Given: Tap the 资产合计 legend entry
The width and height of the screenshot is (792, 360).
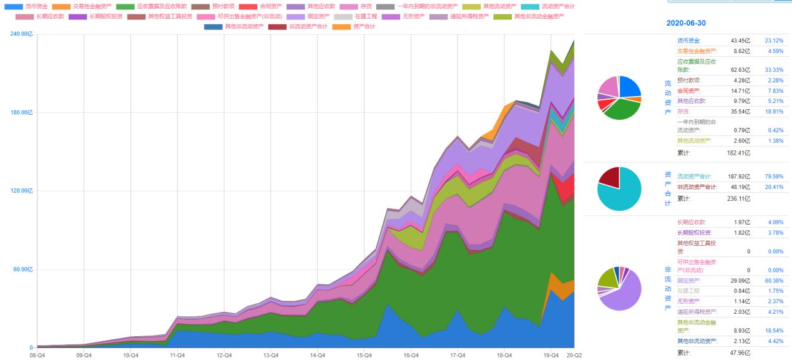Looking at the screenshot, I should pos(364,27).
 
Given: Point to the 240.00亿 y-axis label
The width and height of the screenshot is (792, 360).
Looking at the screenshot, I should pos(22,34).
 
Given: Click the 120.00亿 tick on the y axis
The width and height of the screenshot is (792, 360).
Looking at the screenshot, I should pos(22,191).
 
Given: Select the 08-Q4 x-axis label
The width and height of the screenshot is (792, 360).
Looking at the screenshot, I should pos(37,354).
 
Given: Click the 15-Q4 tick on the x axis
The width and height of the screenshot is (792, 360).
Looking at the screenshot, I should pos(364,354).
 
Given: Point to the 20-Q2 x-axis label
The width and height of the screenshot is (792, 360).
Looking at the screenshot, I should pos(574,354).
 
